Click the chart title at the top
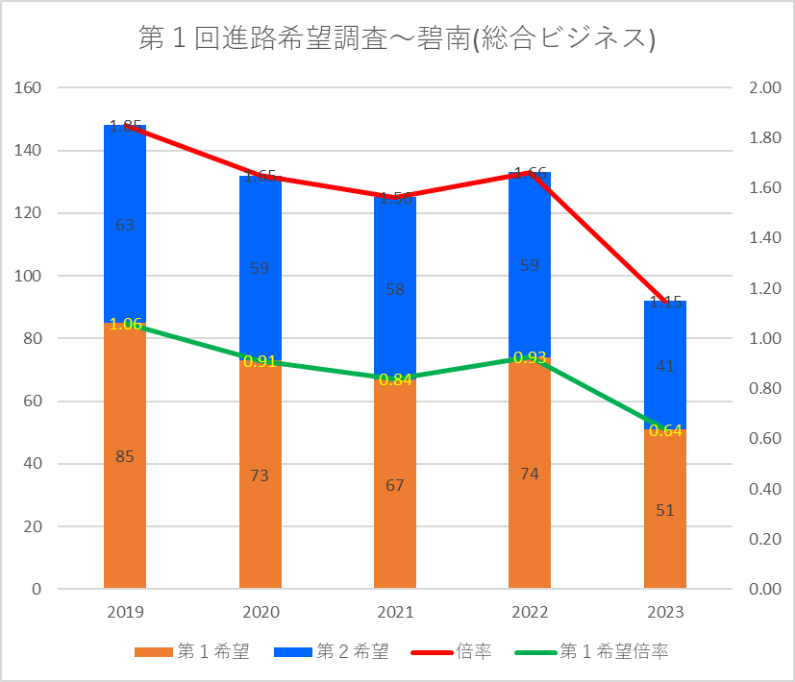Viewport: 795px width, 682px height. (x=397, y=38)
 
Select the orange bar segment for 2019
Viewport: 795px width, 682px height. (x=125, y=499)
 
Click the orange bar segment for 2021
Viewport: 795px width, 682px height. (x=395, y=519)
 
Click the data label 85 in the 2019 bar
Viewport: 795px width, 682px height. (x=125, y=457)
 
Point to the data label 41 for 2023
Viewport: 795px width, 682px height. (x=665, y=366)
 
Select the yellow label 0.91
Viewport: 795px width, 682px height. (x=260, y=362)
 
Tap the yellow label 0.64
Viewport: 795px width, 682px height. (x=665, y=430)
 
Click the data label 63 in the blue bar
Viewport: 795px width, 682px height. (x=125, y=225)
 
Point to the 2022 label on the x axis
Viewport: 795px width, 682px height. (x=530, y=613)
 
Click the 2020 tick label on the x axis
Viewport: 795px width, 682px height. (x=260, y=613)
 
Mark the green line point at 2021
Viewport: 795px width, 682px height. (x=395, y=378)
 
